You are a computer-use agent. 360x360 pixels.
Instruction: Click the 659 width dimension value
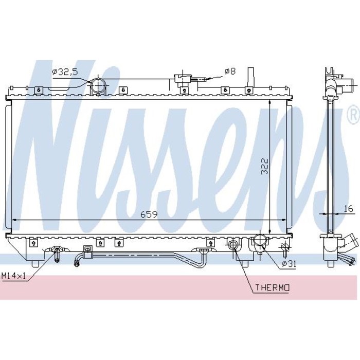pyautogui.click(x=149, y=214)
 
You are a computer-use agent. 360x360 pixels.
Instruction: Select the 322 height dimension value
pyautogui.click(x=265, y=166)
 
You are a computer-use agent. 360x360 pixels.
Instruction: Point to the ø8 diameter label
pyautogui.click(x=230, y=71)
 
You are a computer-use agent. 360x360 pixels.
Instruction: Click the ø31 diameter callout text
pyautogui.click(x=289, y=264)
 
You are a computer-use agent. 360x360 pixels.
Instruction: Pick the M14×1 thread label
pyautogui.click(x=13, y=276)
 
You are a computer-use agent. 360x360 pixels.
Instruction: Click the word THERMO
pyautogui.click(x=272, y=287)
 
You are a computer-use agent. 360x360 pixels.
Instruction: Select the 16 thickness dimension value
pyautogui.click(x=348, y=208)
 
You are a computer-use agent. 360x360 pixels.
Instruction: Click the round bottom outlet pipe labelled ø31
pyautogui.click(x=260, y=241)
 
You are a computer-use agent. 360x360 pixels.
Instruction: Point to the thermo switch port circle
pyautogui.click(x=232, y=244)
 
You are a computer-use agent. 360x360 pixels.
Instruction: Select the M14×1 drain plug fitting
pyautogui.click(x=57, y=254)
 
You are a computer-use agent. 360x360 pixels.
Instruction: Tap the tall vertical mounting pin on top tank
pyautogui.click(x=251, y=77)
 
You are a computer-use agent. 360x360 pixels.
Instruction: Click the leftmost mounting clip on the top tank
pyautogui.click(x=39, y=90)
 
